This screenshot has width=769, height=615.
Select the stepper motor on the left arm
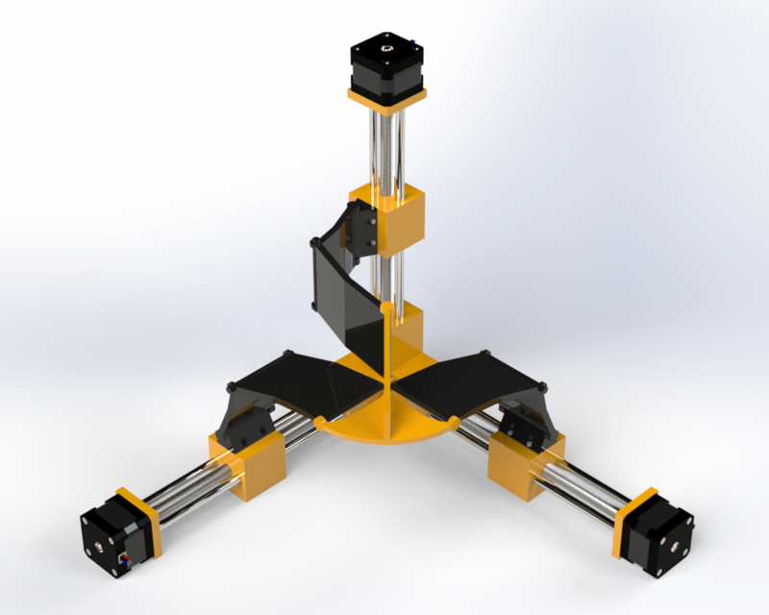tap(113, 539)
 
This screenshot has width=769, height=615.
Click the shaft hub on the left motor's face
tap(99, 550)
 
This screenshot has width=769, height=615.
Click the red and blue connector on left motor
tap(122, 561)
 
